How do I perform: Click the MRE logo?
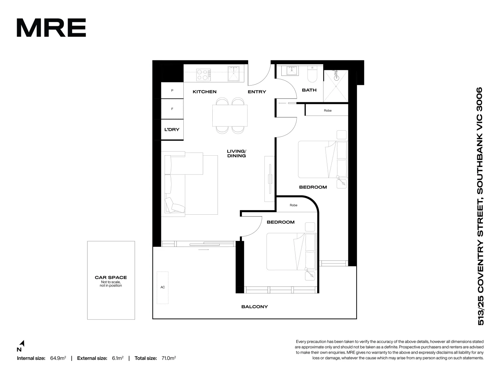pos(51,28)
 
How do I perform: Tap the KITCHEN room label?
pos(205,92)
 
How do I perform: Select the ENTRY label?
pos(257,92)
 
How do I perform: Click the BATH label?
pos(309,90)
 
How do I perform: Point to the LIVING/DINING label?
pos(236,154)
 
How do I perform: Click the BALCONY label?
pos(254,307)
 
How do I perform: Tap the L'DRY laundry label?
pos(172,130)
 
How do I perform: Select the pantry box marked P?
pos(172,91)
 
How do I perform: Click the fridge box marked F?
pos(172,109)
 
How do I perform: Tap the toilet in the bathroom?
pos(311,74)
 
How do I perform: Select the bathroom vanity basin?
pos(291,71)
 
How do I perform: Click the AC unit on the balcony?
pos(162,287)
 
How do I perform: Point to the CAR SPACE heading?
pos(111,278)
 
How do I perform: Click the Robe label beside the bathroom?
pos(328,111)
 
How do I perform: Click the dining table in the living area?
pos(230,116)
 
